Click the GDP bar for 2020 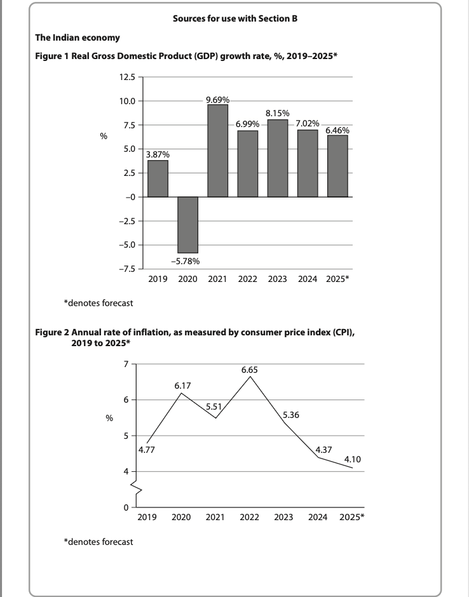[x=188, y=225]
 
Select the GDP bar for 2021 [x=218, y=151]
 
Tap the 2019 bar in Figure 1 [x=158, y=178]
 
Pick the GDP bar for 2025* [x=337, y=166]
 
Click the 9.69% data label [x=218, y=100]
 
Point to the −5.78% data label [x=188, y=260]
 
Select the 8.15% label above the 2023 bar [x=278, y=113]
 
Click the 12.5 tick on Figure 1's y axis [x=126, y=77]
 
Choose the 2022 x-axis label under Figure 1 [x=248, y=279]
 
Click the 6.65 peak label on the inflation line [x=249, y=369]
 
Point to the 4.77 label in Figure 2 [x=147, y=450]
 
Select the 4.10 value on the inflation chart [x=352, y=459]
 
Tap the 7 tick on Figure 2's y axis [x=126, y=364]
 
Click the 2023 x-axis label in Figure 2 [x=283, y=517]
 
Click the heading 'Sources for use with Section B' [x=234, y=19]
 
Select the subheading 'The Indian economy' [x=77, y=38]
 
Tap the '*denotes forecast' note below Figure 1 [x=99, y=303]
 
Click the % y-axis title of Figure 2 [x=109, y=418]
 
